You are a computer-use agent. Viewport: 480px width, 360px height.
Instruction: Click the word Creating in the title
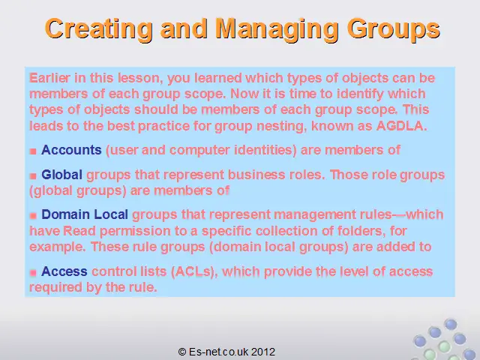(98, 29)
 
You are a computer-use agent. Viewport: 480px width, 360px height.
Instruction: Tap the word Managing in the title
(277, 29)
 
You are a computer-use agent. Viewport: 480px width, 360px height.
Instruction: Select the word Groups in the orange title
(394, 29)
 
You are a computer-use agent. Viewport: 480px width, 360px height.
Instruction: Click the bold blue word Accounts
(71, 150)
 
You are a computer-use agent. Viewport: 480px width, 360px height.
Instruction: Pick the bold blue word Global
(61, 175)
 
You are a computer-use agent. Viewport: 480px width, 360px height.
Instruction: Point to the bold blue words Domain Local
(85, 214)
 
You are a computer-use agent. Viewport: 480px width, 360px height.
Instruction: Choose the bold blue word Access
(64, 271)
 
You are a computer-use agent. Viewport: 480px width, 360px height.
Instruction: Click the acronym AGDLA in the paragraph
(401, 126)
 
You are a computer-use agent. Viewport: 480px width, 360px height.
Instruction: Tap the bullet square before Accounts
(33, 151)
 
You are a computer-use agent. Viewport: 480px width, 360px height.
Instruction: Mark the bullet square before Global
(33, 176)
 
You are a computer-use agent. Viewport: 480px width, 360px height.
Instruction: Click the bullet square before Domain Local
(33, 216)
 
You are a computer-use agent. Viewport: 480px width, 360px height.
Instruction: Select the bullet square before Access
(33, 272)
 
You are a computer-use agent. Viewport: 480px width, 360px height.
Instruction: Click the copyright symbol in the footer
(182, 352)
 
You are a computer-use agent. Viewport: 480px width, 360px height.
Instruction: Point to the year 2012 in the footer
(263, 352)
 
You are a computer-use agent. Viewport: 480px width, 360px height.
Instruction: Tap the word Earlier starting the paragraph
(49, 78)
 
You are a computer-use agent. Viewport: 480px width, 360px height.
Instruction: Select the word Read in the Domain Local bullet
(79, 231)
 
